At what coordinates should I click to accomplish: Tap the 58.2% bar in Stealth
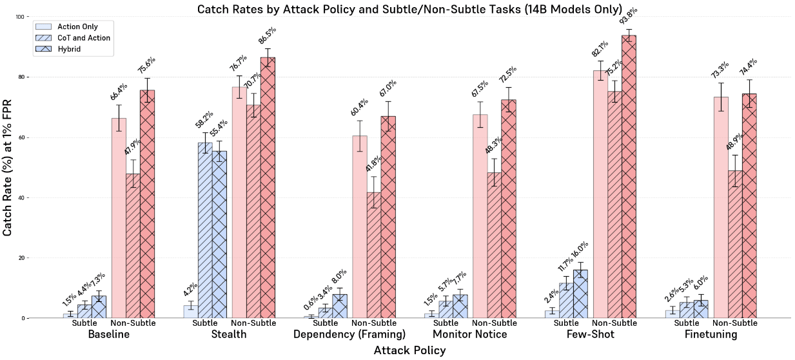pyautogui.click(x=205, y=230)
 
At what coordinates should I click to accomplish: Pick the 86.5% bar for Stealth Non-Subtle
pyautogui.click(x=268, y=187)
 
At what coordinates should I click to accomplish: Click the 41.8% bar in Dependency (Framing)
pyautogui.click(x=374, y=255)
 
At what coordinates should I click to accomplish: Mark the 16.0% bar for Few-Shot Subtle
pyautogui.click(x=580, y=294)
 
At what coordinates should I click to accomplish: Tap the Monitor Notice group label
pyautogui.click(x=470, y=335)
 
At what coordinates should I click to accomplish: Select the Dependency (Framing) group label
pyautogui.click(x=349, y=335)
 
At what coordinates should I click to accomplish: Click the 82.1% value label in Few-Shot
pyautogui.click(x=600, y=50)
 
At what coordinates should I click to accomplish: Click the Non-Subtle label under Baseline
pyautogui.click(x=133, y=323)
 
